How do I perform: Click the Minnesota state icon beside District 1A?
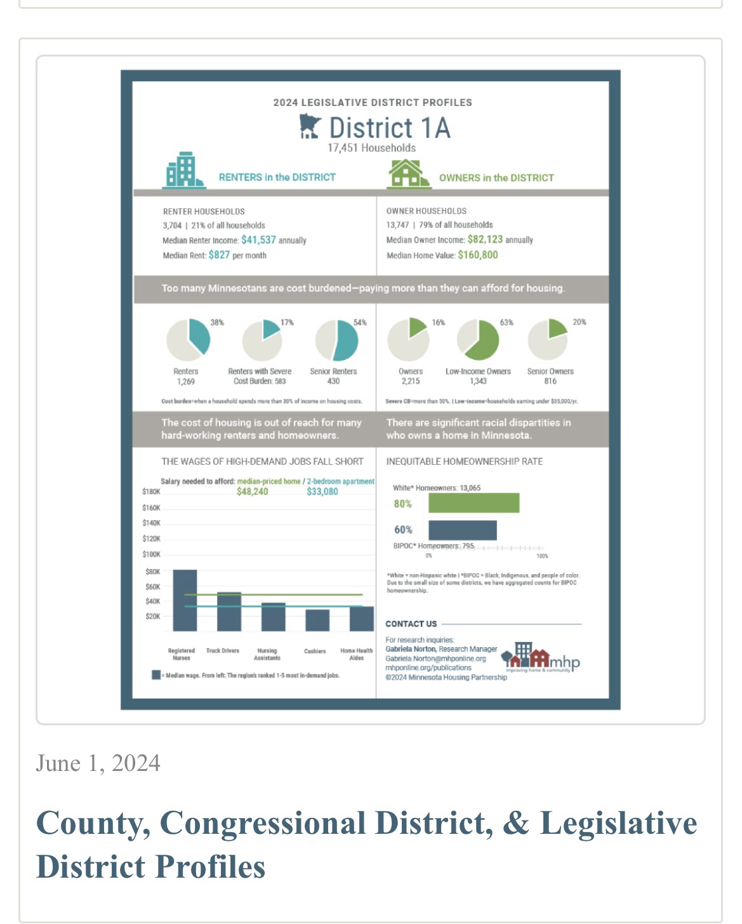tap(310, 127)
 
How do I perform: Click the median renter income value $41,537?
tap(258, 240)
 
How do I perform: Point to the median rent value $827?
tap(219, 255)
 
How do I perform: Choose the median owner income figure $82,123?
tap(485, 239)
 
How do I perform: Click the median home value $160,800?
tap(477, 255)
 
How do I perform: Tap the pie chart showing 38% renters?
tap(189, 340)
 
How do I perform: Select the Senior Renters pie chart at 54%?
tap(337, 340)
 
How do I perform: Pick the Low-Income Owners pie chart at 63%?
tap(478, 340)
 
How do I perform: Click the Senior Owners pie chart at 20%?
tap(548, 340)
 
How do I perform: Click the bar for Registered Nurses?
tap(185, 600)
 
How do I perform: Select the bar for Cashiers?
tap(317, 620)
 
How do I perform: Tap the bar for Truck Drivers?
tap(229, 612)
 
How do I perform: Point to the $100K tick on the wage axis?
tap(152, 554)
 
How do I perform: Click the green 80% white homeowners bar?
tap(474, 503)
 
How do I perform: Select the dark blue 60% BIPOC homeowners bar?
tap(462, 530)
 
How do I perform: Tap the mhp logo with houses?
tap(540, 659)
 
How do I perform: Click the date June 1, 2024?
tap(98, 763)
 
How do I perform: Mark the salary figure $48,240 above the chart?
tap(252, 492)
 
